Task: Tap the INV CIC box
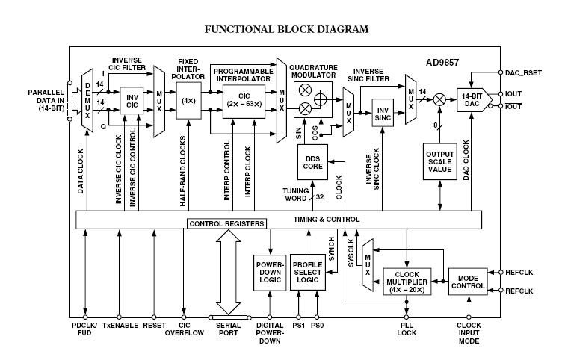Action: click(133, 101)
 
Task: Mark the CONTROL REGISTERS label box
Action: click(227, 223)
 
